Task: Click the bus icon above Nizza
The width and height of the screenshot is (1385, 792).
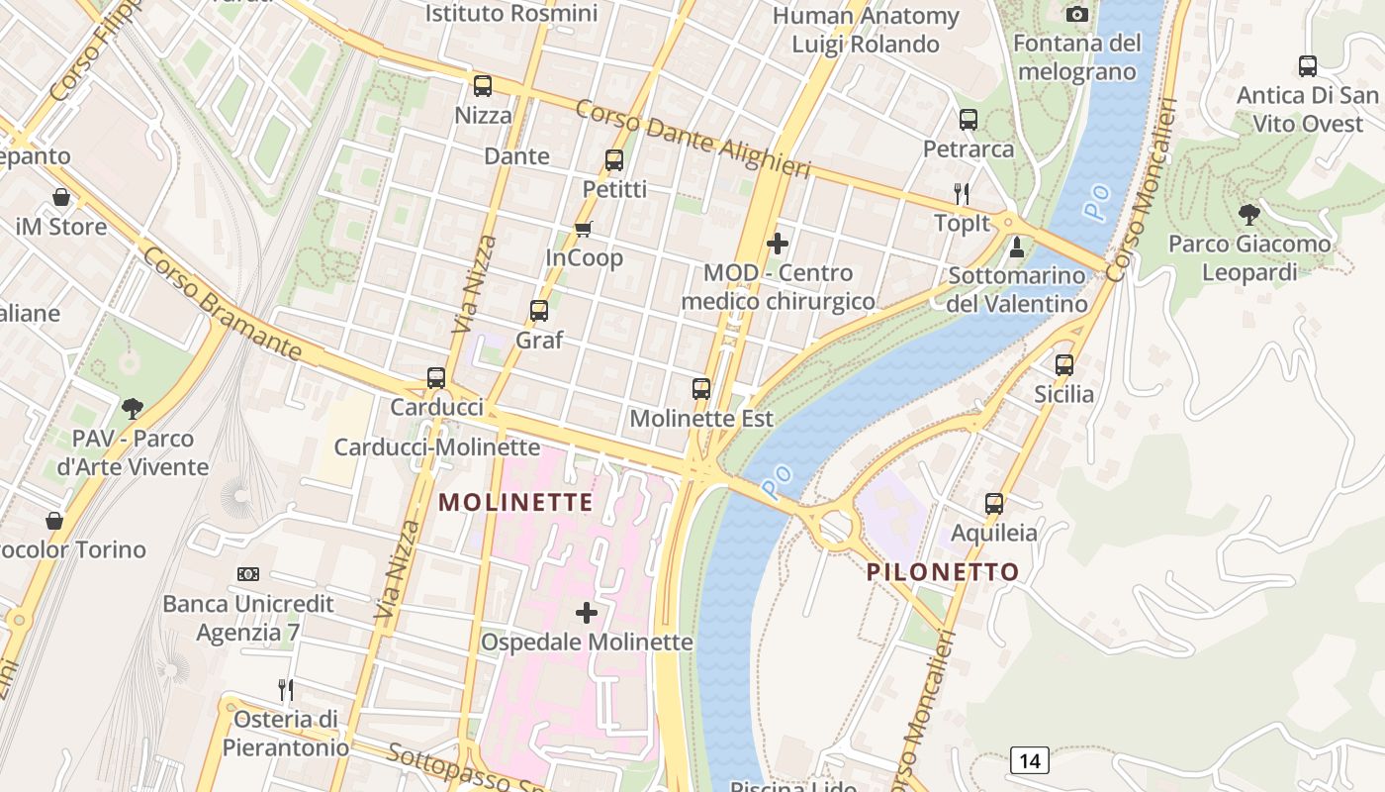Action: pyautogui.click(x=483, y=86)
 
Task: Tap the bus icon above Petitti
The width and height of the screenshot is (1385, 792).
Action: pyautogui.click(x=614, y=159)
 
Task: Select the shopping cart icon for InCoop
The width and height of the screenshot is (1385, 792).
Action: pyautogui.click(x=584, y=230)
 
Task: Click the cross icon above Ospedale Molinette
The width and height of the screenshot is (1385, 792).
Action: pyautogui.click(x=587, y=613)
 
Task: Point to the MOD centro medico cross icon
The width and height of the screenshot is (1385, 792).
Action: pyautogui.click(x=778, y=244)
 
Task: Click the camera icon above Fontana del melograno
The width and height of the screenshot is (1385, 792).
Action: pyautogui.click(x=1077, y=14)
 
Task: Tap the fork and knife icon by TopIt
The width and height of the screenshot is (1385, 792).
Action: pyautogui.click(x=961, y=193)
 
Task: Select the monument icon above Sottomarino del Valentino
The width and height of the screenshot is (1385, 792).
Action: pyautogui.click(x=1016, y=247)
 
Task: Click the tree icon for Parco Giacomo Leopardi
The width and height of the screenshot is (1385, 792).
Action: pyautogui.click(x=1249, y=214)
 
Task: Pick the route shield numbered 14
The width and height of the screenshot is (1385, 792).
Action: pyautogui.click(x=1030, y=760)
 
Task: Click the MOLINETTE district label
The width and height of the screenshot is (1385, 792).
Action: pyautogui.click(x=515, y=502)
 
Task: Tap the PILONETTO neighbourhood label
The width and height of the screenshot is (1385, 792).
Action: pyautogui.click(x=943, y=572)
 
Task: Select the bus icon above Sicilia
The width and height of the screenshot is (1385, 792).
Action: pyautogui.click(x=1064, y=365)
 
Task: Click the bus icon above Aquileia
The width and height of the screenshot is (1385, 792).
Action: pyautogui.click(x=994, y=504)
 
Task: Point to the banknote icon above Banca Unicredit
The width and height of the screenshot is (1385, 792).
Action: pyautogui.click(x=248, y=574)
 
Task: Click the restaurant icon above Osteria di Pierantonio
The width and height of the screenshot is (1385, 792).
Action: pyautogui.click(x=285, y=689)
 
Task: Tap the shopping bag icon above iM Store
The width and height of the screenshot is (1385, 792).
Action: pyautogui.click(x=61, y=197)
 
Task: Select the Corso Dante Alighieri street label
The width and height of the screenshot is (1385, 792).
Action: pyautogui.click(x=692, y=139)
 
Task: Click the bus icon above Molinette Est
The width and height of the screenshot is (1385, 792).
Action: pyautogui.click(x=701, y=389)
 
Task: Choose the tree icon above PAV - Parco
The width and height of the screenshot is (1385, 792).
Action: pyautogui.click(x=133, y=409)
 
